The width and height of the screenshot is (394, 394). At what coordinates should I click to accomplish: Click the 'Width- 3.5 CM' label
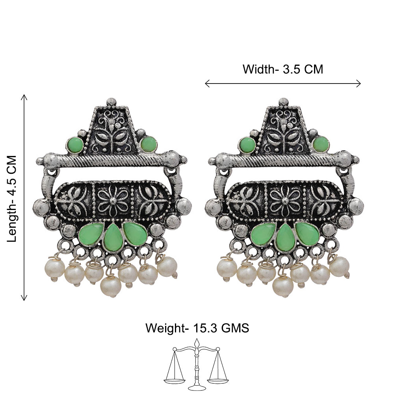pos(282,69)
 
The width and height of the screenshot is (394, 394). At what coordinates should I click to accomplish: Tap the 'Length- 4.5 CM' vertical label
pos(12,199)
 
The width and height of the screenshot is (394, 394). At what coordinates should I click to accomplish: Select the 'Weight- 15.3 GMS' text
pos(197,328)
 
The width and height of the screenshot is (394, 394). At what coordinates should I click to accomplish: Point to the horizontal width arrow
pos(282,84)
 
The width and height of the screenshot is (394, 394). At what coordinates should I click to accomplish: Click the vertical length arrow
pos(24,197)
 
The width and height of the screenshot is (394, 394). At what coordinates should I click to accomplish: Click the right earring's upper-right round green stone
pos(321,145)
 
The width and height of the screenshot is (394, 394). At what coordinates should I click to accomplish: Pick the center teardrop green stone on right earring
pos(285,238)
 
